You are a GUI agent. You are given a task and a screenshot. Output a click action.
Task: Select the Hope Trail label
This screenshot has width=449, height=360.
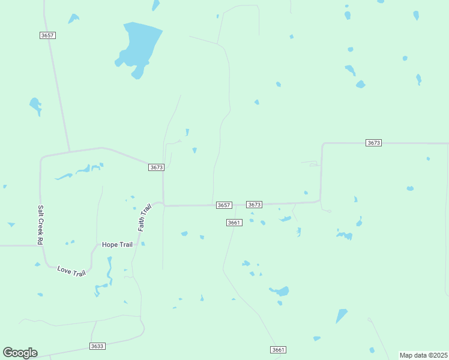(118, 244)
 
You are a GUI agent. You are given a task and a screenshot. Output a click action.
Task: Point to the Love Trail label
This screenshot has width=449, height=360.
(71, 271)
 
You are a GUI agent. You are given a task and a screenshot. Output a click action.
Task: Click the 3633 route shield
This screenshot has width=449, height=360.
(97, 346)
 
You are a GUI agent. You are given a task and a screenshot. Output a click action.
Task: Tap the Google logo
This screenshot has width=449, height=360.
(20, 353)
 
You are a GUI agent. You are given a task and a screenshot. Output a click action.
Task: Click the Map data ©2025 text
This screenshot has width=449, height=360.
(423, 355)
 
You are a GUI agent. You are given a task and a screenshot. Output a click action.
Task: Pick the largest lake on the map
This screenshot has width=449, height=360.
(140, 46)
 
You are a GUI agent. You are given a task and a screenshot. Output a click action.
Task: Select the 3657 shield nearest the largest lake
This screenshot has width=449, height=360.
(47, 35)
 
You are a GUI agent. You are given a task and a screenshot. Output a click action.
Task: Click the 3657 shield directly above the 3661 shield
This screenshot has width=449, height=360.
(224, 205)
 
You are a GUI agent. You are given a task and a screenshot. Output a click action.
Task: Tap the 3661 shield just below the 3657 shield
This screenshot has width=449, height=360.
(234, 223)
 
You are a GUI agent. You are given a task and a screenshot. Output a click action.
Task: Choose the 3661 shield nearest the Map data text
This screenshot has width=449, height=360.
(277, 349)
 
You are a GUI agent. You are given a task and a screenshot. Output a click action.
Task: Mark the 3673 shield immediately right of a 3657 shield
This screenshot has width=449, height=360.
(254, 205)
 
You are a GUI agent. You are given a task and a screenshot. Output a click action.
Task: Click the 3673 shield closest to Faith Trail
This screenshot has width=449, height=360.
(155, 167)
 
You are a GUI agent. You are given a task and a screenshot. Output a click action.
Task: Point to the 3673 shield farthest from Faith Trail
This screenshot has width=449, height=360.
(373, 142)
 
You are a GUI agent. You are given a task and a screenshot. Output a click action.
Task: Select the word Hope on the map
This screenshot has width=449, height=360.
(110, 244)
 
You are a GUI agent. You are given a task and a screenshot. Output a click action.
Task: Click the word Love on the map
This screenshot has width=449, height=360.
(64, 269)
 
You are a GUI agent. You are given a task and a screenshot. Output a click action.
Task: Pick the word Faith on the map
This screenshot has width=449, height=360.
(143, 223)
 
